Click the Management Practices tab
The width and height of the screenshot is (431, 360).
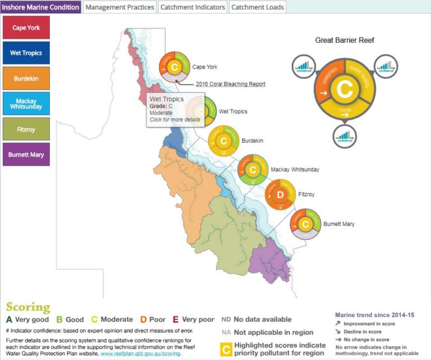(x=120, y=7)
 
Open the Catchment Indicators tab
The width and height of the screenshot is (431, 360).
(x=192, y=7)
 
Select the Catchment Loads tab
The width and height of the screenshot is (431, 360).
(x=257, y=7)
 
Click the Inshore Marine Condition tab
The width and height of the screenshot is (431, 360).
(x=41, y=7)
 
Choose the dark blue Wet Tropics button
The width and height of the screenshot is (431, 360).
(x=26, y=53)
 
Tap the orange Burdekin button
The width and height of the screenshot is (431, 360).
(x=26, y=78)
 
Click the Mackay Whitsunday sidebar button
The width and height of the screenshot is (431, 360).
(x=26, y=103)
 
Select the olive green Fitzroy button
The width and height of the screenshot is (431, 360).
(x=26, y=129)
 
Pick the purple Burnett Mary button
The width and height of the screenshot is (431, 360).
(x=26, y=154)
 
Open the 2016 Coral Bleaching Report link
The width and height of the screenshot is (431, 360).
(x=230, y=84)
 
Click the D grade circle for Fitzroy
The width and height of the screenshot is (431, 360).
(x=281, y=195)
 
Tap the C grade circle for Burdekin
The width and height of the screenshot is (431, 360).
(x=223, y=140)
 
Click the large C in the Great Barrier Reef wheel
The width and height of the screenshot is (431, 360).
(x=345, y=88)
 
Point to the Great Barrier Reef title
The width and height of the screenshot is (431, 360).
(x=345, y=40)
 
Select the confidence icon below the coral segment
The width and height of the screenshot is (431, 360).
(x=345, y=136)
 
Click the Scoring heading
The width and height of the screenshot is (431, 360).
(x=28, y=307)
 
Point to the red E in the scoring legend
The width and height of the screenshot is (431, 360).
(x=175, y=320)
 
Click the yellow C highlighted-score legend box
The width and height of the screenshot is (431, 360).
(x=226, y=349)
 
